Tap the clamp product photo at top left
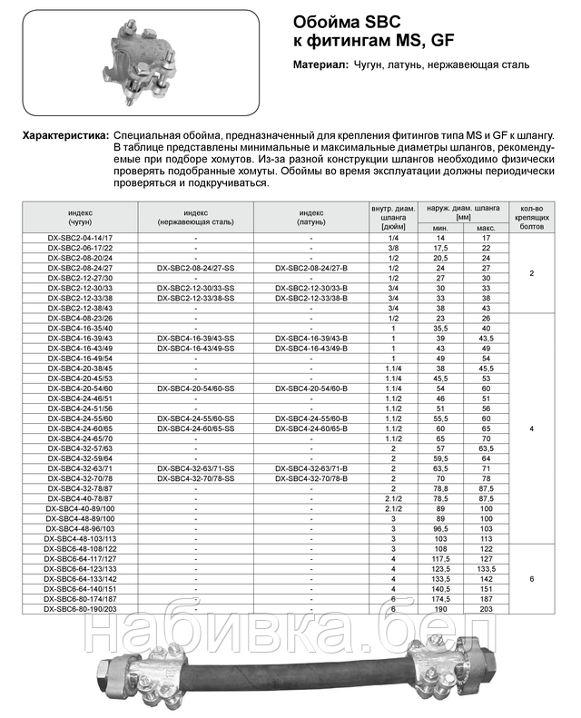[141, 59]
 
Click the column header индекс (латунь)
[310, 214]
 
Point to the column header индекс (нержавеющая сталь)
[195, 214]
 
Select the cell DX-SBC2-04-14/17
[80, 236]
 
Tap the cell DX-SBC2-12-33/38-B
[310, 297]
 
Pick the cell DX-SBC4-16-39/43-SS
[195, 338]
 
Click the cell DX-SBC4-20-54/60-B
[310, 388]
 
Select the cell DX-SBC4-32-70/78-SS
[195, 477]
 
